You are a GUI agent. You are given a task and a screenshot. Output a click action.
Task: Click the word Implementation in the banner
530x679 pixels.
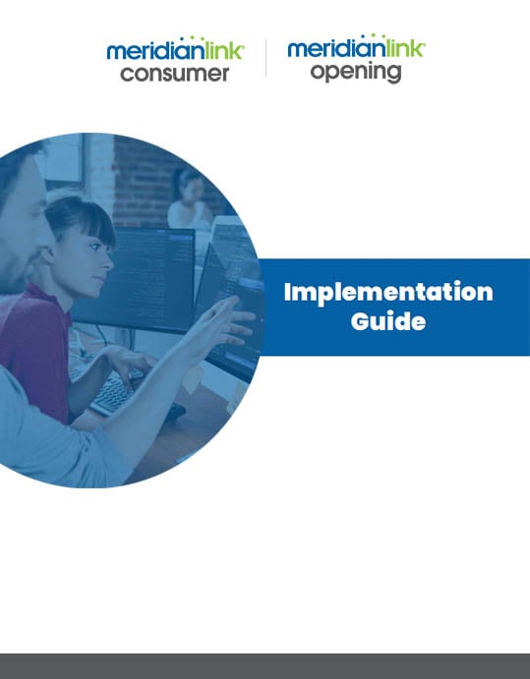click(x=388, y=293)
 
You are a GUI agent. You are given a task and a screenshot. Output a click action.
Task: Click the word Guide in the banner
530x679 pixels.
click(x=388, y=321)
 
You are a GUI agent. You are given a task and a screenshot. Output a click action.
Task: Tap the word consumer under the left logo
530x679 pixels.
click(x=175, y=74)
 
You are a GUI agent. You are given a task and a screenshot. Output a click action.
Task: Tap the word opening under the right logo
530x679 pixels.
click(x=356, y=73)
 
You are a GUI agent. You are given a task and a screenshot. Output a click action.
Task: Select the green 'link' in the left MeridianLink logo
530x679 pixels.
click(x=224, y=50)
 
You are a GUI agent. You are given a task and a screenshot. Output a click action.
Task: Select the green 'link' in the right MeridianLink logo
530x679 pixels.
click(x=405, y=48)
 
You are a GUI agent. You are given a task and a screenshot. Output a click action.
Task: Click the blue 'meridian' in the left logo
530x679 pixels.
click(x=156, y=51)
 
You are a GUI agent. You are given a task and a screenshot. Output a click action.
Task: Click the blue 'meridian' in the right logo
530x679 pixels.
click(x=336, y=48)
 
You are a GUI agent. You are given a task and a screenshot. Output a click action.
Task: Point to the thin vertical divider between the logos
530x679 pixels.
click(x=265, y=58)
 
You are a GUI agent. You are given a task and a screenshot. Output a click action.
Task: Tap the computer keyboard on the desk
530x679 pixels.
click(x=112, y=393)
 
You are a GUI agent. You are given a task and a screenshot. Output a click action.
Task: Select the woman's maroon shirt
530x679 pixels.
click(x=34, y=347)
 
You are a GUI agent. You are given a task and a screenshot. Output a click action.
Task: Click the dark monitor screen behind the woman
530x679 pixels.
click(x=135, y=277)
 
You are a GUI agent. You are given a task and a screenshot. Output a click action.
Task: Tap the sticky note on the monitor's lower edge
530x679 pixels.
click(x=192, y=379)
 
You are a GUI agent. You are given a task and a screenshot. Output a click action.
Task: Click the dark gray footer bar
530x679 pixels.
click(x=265, y=666)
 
